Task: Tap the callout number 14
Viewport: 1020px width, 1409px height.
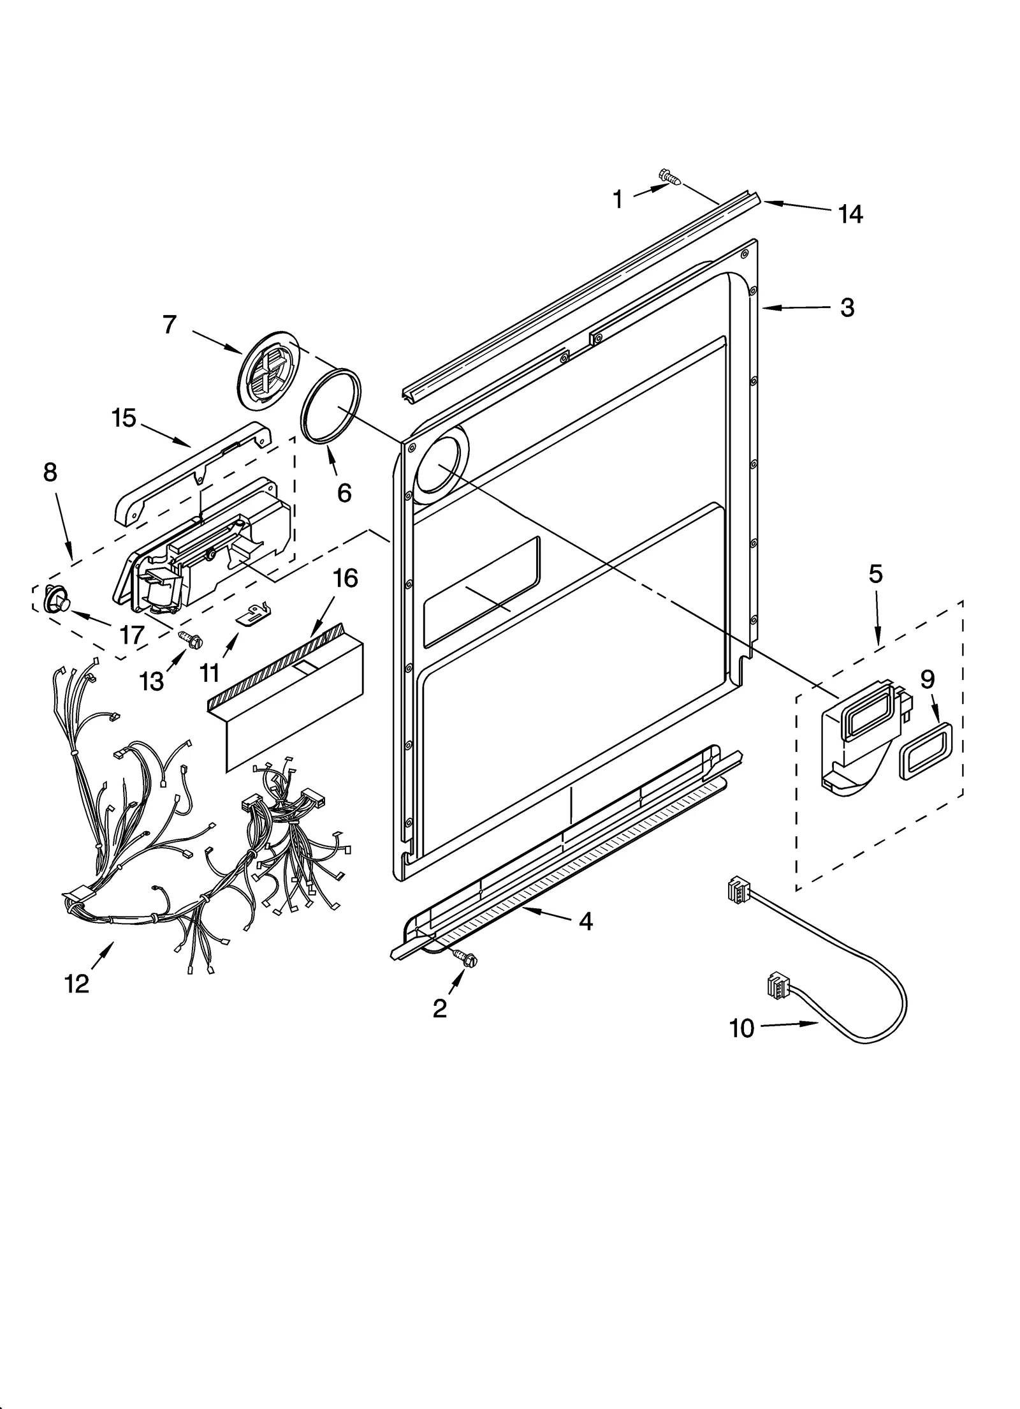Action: pyautogui.click(x=850, y=215)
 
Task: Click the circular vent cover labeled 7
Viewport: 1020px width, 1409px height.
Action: pyautogui.click(x=267, y=370)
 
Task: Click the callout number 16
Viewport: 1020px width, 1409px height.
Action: pyautogui.click(x=345, y=579)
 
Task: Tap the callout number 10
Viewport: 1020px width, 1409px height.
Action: pyautogui.click(x=741, y=1028)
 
